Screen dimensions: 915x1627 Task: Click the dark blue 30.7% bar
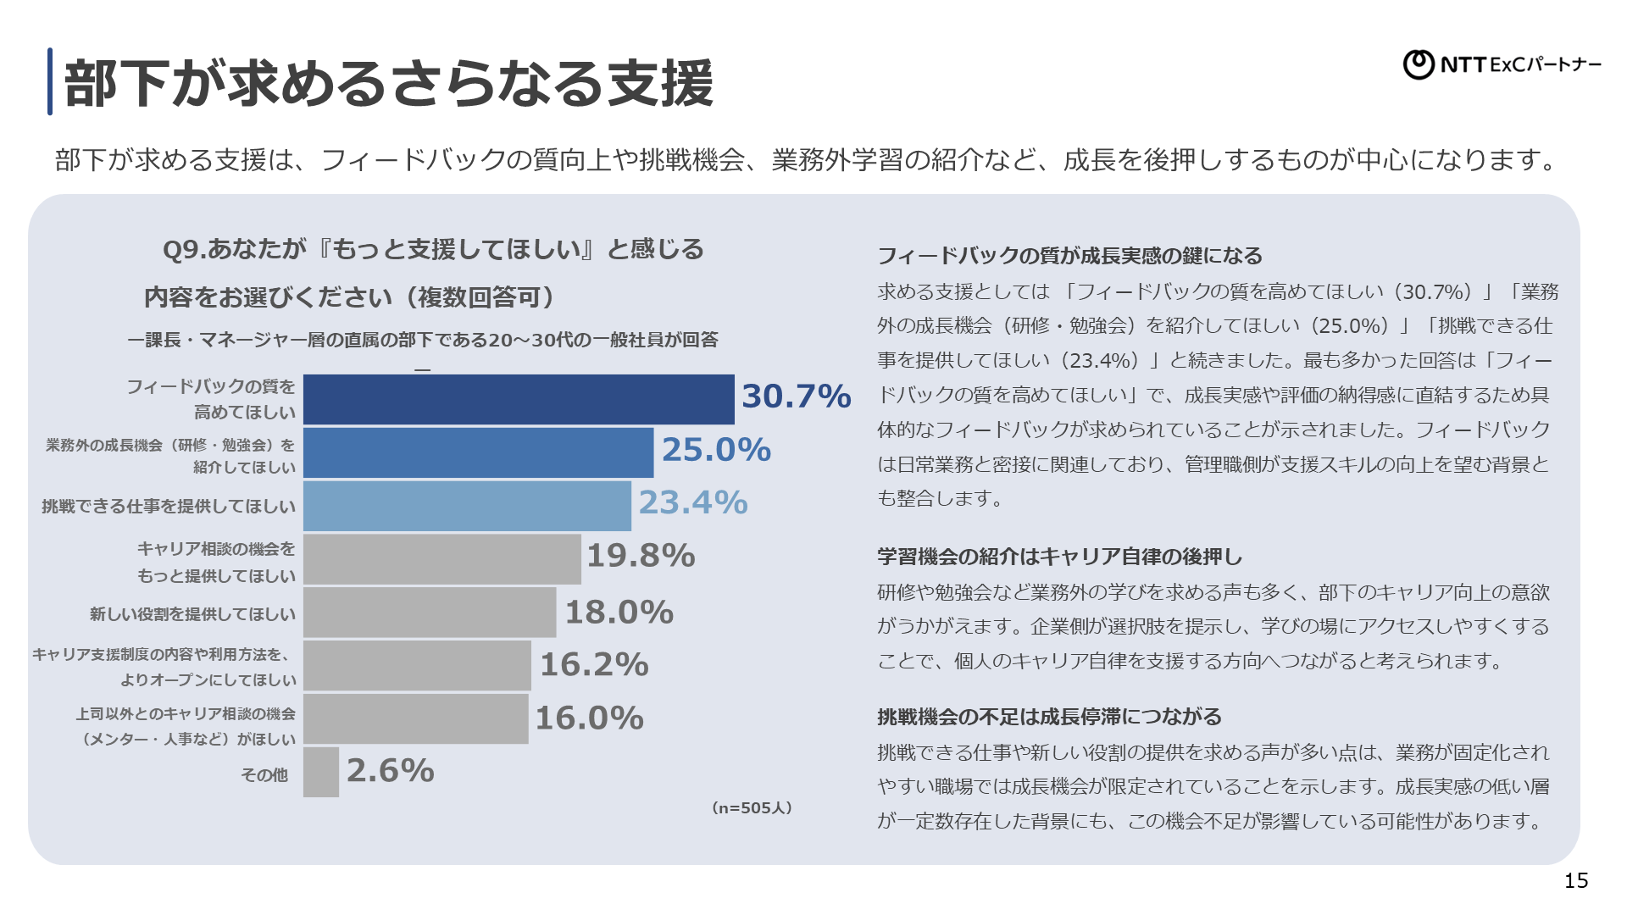pos(519,399)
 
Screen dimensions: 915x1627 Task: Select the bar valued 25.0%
pos(478,452)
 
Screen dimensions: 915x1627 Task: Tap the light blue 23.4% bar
pos(467,506)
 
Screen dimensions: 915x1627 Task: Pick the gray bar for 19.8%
pos(441,559)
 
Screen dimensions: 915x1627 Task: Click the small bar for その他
pos(320,772)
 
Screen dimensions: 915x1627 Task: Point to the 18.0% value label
pos(619,612)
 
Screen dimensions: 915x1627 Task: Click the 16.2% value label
pos(594,665)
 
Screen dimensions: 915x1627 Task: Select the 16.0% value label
pos(590,718)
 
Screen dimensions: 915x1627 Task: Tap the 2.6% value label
pos(391,771)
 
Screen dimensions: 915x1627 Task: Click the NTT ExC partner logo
pos(1502,64)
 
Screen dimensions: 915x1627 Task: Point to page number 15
pos(1575,881)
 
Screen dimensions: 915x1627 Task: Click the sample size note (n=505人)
pos(752,808)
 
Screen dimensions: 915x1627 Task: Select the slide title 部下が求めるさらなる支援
pos(388,83)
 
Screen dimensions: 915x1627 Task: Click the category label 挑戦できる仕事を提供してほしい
pos(169,507)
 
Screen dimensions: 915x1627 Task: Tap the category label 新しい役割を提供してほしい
pos(192,614)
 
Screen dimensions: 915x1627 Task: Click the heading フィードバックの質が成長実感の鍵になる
pos(1069,256)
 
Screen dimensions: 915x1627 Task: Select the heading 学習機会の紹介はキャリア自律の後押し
pos(1059,557)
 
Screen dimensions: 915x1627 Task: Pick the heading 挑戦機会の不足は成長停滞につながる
pos(1049,717)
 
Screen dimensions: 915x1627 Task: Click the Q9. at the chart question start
pos(184,249)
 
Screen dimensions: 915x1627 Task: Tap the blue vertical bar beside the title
pos(50,81)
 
